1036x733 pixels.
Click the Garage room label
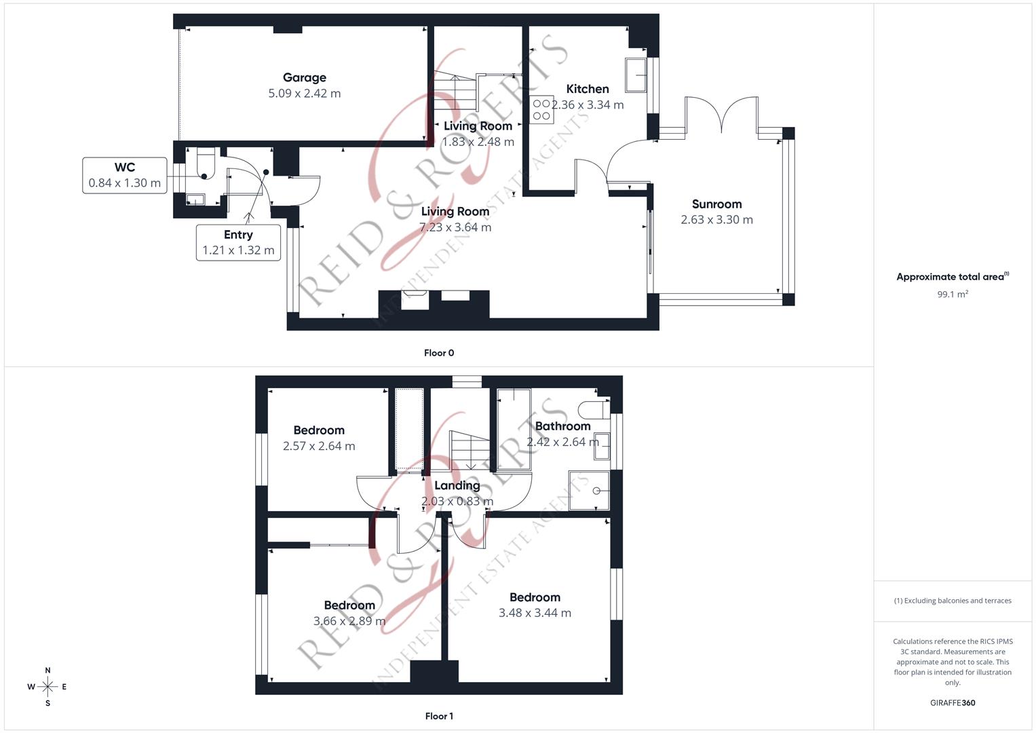305,77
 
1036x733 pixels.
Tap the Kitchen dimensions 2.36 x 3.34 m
588,105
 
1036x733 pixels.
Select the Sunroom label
716,204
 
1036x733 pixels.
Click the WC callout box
125,175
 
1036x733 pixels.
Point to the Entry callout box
238,243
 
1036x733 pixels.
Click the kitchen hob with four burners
541,110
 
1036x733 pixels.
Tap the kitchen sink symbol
636,75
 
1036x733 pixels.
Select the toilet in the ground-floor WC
204,165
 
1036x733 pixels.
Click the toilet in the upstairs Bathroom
593,410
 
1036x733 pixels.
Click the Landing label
457,485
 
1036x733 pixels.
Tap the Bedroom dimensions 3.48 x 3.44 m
535,613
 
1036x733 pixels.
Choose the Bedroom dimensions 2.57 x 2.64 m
319,446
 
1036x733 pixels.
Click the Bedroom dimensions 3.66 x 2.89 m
349,621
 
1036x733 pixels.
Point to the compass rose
47,687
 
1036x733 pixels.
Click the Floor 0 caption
439,353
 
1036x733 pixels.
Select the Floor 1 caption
439,716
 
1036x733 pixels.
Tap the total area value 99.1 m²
953,295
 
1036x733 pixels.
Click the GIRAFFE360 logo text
953,702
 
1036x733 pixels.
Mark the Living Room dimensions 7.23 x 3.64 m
455,227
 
